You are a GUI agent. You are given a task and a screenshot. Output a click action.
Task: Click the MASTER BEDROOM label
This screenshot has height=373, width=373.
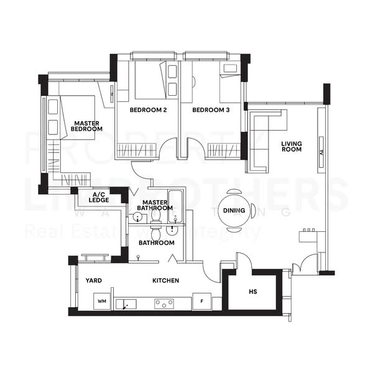pos(86,126)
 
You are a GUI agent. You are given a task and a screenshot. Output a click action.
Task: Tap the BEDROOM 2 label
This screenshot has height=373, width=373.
pos(148,110)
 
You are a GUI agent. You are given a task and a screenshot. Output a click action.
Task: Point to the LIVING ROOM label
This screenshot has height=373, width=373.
pos(291,147)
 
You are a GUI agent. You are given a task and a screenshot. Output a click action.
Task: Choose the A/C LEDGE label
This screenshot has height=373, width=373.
pos(99,198)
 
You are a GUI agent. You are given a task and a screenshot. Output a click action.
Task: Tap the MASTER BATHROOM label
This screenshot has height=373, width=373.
pos(157,205)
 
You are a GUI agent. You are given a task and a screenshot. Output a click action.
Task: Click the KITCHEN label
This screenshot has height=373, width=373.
pos(165,280)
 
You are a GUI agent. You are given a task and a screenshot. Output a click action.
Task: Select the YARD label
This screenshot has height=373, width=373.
pos(94,280)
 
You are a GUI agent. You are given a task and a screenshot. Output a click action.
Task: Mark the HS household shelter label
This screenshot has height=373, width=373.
pos(252,292)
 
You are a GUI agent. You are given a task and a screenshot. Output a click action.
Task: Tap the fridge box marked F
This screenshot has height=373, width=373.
pos(201,302)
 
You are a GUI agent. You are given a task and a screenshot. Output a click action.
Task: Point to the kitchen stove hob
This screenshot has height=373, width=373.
pos(164,303)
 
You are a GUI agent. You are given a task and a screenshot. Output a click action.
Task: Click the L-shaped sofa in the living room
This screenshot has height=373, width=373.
pos(261,140)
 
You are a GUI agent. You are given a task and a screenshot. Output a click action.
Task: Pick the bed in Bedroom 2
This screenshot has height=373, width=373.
pos(149,81)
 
